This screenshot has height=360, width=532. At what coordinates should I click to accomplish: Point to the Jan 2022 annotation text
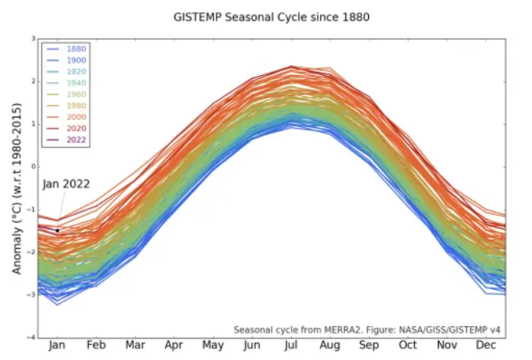66,184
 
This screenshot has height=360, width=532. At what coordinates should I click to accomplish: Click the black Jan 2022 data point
57,231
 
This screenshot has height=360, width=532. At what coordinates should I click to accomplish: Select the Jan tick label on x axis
57,346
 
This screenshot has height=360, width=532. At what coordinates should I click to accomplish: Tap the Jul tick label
290,346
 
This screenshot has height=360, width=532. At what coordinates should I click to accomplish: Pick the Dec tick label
485,346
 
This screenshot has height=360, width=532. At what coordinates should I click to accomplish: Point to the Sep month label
368,346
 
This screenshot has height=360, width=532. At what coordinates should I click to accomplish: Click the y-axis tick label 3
33,38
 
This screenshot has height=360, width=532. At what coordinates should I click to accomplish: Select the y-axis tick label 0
33,166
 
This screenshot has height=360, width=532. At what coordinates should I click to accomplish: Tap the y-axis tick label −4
31,337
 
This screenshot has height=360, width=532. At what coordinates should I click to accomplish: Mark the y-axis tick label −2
31,252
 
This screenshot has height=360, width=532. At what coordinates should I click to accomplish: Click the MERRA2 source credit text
367,329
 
